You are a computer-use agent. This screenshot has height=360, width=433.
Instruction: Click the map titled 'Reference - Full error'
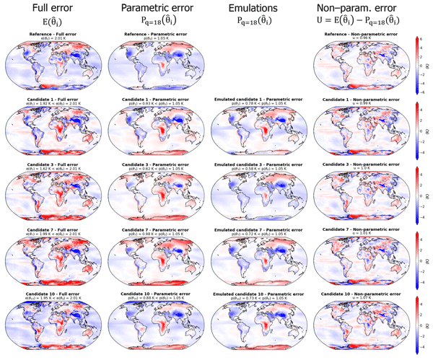pos(52,67)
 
